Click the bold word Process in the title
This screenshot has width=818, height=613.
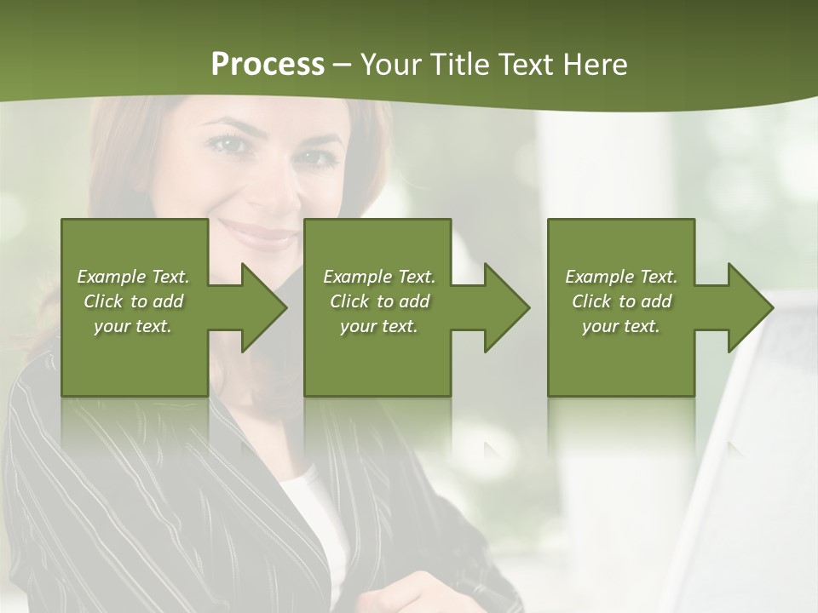[x=268, y=65]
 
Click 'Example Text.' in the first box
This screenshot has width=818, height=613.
[x=133, y=277]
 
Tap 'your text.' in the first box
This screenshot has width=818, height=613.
[x=133, y=326]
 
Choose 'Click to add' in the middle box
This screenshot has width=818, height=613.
[x=379, y=301]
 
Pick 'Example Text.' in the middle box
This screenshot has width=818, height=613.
[x=379, y=277]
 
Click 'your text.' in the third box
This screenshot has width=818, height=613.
[x=621, y=326]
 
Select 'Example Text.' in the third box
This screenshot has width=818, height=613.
[x=621, y=277]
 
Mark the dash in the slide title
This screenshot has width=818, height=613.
[x=343, y=66]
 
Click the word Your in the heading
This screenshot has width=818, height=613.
[x=391, y=65]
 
